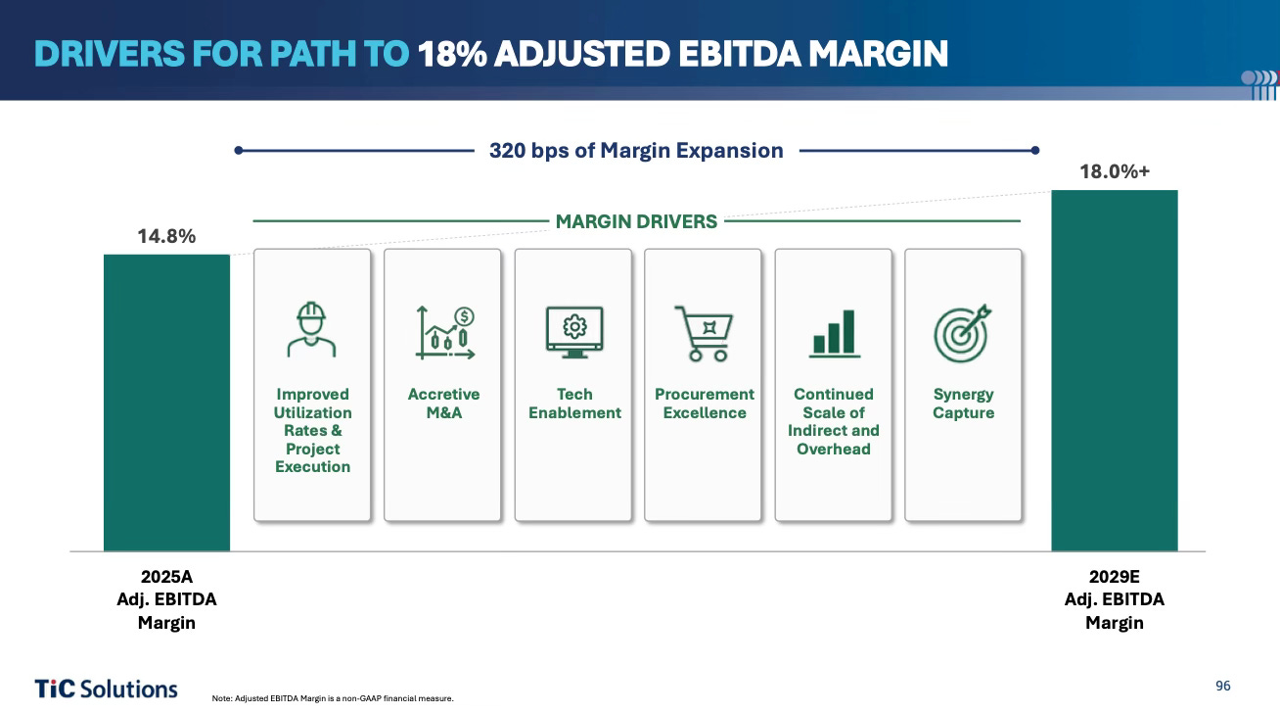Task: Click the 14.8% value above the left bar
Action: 166,236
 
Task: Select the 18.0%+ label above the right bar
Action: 1115,171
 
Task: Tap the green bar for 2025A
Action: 167,404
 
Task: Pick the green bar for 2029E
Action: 1115,370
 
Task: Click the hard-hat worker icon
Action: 311,330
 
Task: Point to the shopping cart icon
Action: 704,333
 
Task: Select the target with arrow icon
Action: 963,333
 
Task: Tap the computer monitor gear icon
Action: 574,332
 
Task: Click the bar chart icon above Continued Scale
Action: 835,334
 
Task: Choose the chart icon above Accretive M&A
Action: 445,333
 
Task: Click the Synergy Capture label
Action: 964,404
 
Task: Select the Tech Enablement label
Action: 574,404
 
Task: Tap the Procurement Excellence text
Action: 705,404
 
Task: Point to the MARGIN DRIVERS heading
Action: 636,222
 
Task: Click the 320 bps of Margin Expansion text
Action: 636,151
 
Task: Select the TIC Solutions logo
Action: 107,689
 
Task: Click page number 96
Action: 1223,687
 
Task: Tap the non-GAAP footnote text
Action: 333,698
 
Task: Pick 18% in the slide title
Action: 452,54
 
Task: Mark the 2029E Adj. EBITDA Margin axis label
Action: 1115,599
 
